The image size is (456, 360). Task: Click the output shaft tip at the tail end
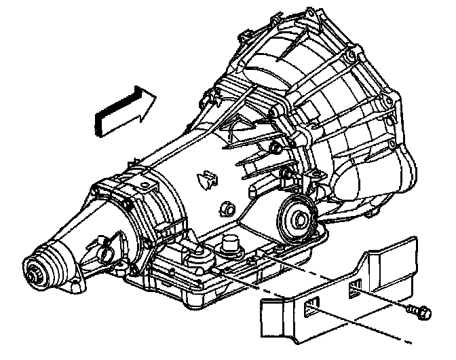tap(32, 273)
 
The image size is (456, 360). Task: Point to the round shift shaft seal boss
tap(296, 217)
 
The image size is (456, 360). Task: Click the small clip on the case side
tap(204, 179)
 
